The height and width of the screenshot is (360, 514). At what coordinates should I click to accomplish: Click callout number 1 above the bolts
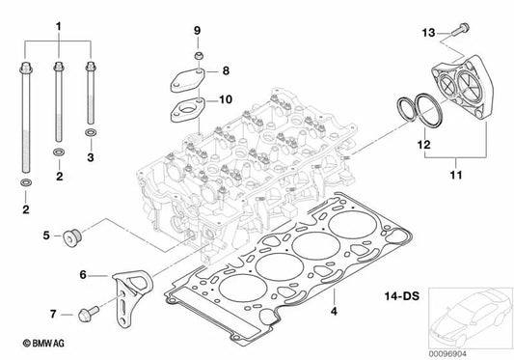coord(57,23)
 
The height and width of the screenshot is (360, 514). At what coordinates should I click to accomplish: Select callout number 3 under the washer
coord(91,154)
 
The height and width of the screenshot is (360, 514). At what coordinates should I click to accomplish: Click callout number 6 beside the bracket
coord(82,276)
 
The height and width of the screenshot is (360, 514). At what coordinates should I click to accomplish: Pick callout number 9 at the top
coord(197,32)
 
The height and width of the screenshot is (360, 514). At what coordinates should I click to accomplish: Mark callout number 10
coord(225,99)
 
